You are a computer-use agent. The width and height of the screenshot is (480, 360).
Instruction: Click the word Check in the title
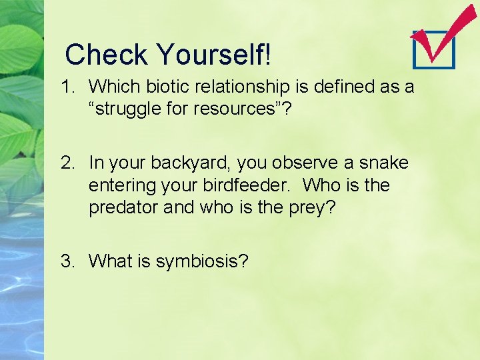coord(107,55)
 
